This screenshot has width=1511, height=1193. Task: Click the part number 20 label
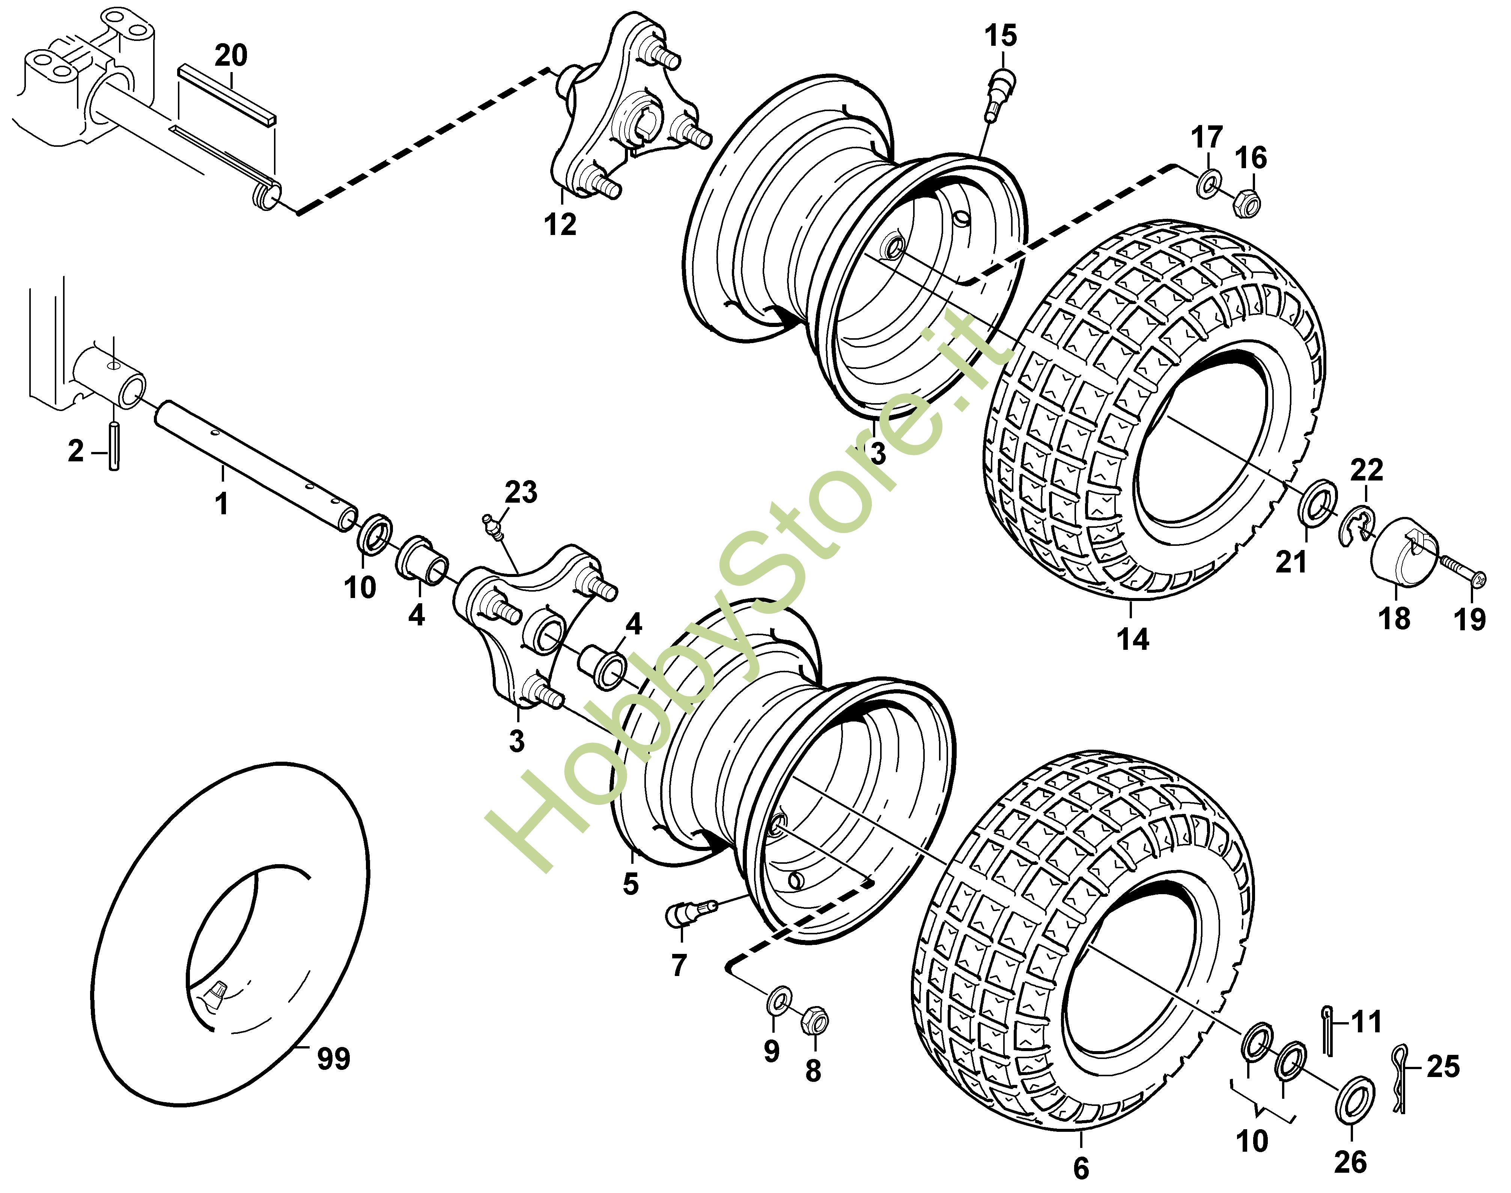(x=230, y=55)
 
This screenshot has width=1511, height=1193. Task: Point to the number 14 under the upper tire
(x=1133, y=639)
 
